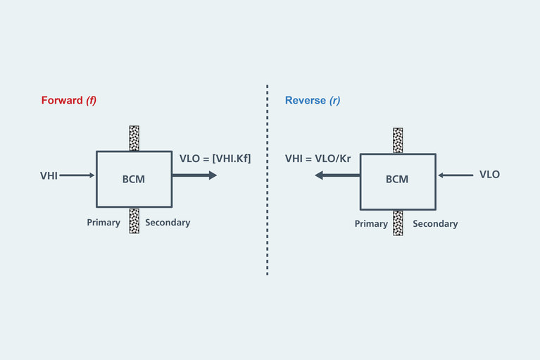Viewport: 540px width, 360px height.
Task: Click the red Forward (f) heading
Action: point(68,100)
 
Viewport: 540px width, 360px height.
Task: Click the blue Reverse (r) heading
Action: point(313,100)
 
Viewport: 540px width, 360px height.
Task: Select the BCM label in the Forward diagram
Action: point(134,179)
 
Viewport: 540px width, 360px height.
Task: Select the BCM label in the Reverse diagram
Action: point(396,179)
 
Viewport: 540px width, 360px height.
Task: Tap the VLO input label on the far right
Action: point(489,174)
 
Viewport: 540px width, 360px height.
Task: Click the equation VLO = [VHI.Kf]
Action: point(215,159)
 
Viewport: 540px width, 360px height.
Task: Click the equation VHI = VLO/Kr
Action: point(318,159)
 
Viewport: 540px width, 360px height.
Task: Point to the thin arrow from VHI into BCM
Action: point(77,175)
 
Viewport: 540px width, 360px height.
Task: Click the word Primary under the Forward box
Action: point(103,223)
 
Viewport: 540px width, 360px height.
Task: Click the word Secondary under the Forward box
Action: point(168,223)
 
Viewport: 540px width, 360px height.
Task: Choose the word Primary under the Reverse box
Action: point(371,224)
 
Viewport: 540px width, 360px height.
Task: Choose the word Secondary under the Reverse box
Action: point(435,224)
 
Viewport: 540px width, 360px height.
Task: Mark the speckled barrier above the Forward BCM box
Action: point(134,138)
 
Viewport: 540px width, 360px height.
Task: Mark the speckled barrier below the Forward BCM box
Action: point(134,221)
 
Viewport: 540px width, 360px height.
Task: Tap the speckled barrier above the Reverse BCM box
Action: point(398,140)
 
